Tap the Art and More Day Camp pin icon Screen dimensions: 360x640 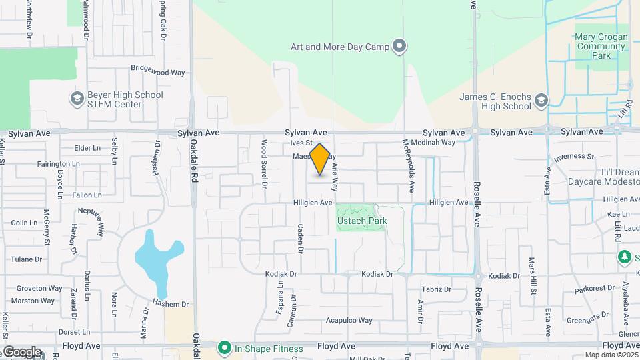[x=399, y=47]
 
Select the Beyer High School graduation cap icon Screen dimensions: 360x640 [x=77, y=99]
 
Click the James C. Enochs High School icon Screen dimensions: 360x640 [x=541, y=101]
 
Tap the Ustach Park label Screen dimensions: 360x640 [x=361, y=221]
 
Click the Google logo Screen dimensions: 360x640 [x=21, y=352]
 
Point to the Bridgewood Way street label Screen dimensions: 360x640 [x=157, y=68]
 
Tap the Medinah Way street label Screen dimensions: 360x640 [x=433, y=143]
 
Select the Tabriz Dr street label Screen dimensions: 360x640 [x=437, y=290]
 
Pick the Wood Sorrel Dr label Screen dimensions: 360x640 [x=264, y=162]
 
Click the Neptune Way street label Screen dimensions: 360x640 [x=91, y=221]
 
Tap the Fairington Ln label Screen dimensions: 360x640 [x=58, y=163]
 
